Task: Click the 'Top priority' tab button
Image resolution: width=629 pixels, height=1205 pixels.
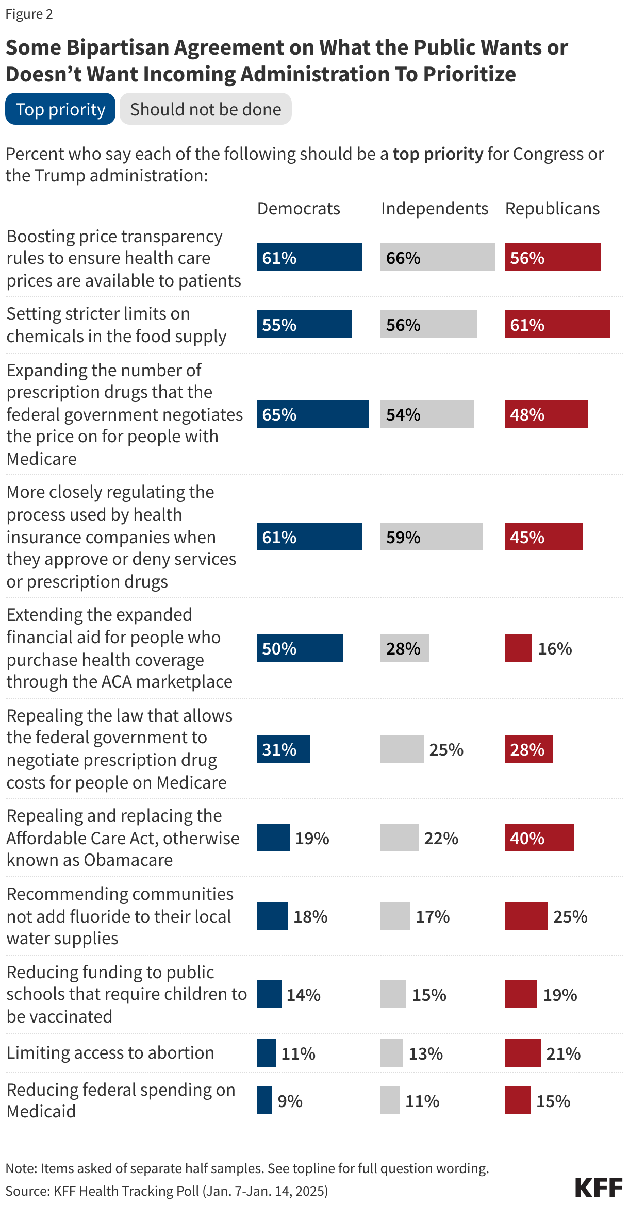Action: tap(60, 109)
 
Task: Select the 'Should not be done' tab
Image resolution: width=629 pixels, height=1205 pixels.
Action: tap(205, 109)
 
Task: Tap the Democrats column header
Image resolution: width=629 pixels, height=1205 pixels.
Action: tap(299, 209)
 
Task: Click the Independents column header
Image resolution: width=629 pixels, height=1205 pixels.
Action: tap(434, 209)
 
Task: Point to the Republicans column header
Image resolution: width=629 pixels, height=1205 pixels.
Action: tap(552, 209)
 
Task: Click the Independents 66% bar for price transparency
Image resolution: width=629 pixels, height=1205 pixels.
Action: tap(437, 258)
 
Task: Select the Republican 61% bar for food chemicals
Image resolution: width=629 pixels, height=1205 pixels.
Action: tap(557, 325)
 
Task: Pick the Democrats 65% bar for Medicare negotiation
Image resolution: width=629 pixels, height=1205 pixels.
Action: tap(312, 414)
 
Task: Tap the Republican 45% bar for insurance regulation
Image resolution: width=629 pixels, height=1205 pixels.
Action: tap(543, 537)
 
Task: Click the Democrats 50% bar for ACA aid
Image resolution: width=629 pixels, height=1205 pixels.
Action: tap(300, 648)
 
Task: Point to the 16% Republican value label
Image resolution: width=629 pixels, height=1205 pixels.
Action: tap(555, 649)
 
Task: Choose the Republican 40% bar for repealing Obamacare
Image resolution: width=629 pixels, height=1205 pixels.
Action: tap(539, 838)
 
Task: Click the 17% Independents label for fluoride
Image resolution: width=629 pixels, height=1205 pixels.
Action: tap(433, 917)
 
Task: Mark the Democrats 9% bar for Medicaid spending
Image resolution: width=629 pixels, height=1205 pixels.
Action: tap(264, 1101)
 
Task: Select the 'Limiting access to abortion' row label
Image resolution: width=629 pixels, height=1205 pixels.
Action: tap(110, 1053)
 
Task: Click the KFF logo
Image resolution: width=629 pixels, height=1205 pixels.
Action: tap(599, 1187)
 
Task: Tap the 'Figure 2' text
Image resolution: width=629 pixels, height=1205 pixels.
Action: tap(29, 14)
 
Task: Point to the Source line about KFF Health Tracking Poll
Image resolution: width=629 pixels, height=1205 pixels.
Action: tap(167, 1191)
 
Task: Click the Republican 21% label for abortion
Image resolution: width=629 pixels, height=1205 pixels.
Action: tap(563, 1054)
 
